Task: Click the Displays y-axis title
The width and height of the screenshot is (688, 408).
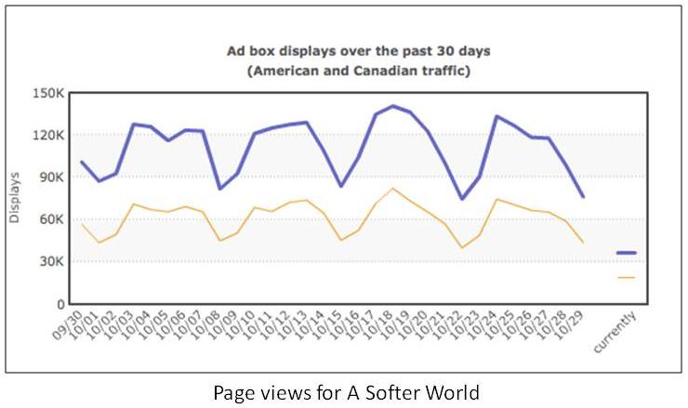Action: pyautogui.click(x=14, y=197)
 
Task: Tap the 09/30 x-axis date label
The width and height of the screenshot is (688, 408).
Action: pyautogui.click(x=68, y=328)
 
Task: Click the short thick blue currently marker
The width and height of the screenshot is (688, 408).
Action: pyautogui.click(x=626, y=253)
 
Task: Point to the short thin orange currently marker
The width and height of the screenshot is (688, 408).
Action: pyautogui.click(x=626, y=277)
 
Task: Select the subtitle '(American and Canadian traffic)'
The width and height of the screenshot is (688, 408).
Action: pyautogui.click(x=360, y=71)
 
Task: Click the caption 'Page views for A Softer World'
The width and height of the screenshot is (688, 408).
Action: pyautogui.click(x=344, y=392)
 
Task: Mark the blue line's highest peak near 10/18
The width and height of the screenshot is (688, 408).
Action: pyautogui.click(x=392, y=106)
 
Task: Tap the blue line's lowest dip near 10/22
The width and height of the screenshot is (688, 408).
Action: pyautogui.click(x=462, y=198)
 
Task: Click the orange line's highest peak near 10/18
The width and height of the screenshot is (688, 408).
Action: pyautogui.click(x=392, y=189)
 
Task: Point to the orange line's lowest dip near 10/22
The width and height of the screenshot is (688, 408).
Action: pyautogui.click(x=462, y=247)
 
